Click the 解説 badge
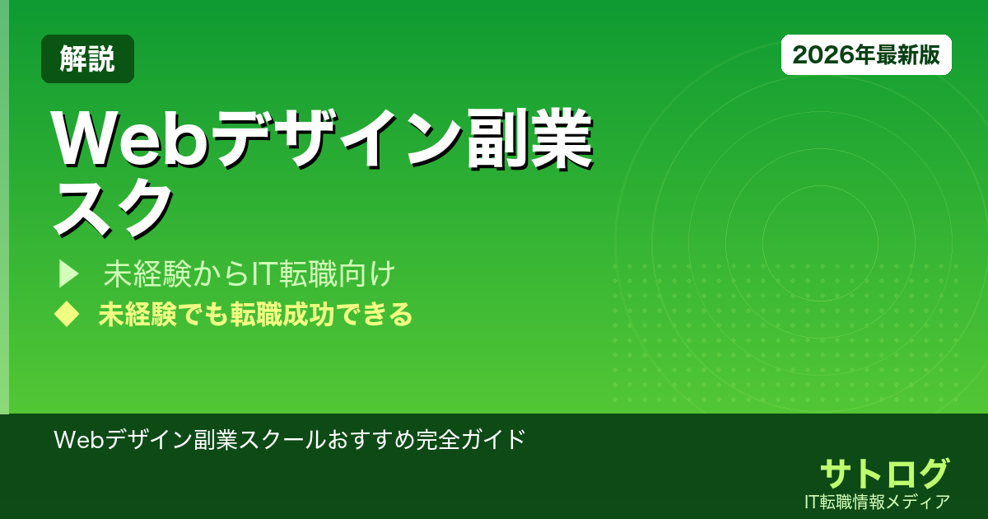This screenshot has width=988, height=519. tap(87, 58)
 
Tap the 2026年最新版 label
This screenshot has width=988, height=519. tap(866, 55)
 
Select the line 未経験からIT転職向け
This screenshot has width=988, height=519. tap(250, 274)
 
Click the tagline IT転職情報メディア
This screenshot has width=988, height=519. tap(878, 501)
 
